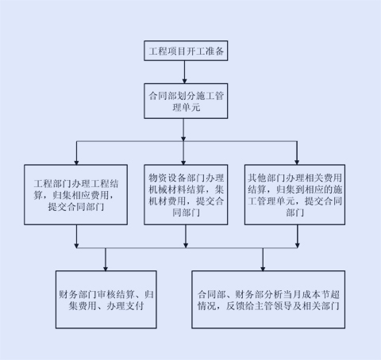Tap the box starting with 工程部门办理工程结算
pyautogui.click(x=75, y=193)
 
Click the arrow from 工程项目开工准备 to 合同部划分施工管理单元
pyautogui.click(x=185, y=72)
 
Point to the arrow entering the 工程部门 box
pyautogui.click(x=75, y=151)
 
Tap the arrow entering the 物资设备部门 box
pyautogui.click(x=185, y=151)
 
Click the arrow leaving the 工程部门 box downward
pyautogui.click(x=75, y=236)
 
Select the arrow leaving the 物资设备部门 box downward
pyautogui.click(x=185, y=236)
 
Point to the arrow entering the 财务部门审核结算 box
pyautogui.click(x=106, y=259)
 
